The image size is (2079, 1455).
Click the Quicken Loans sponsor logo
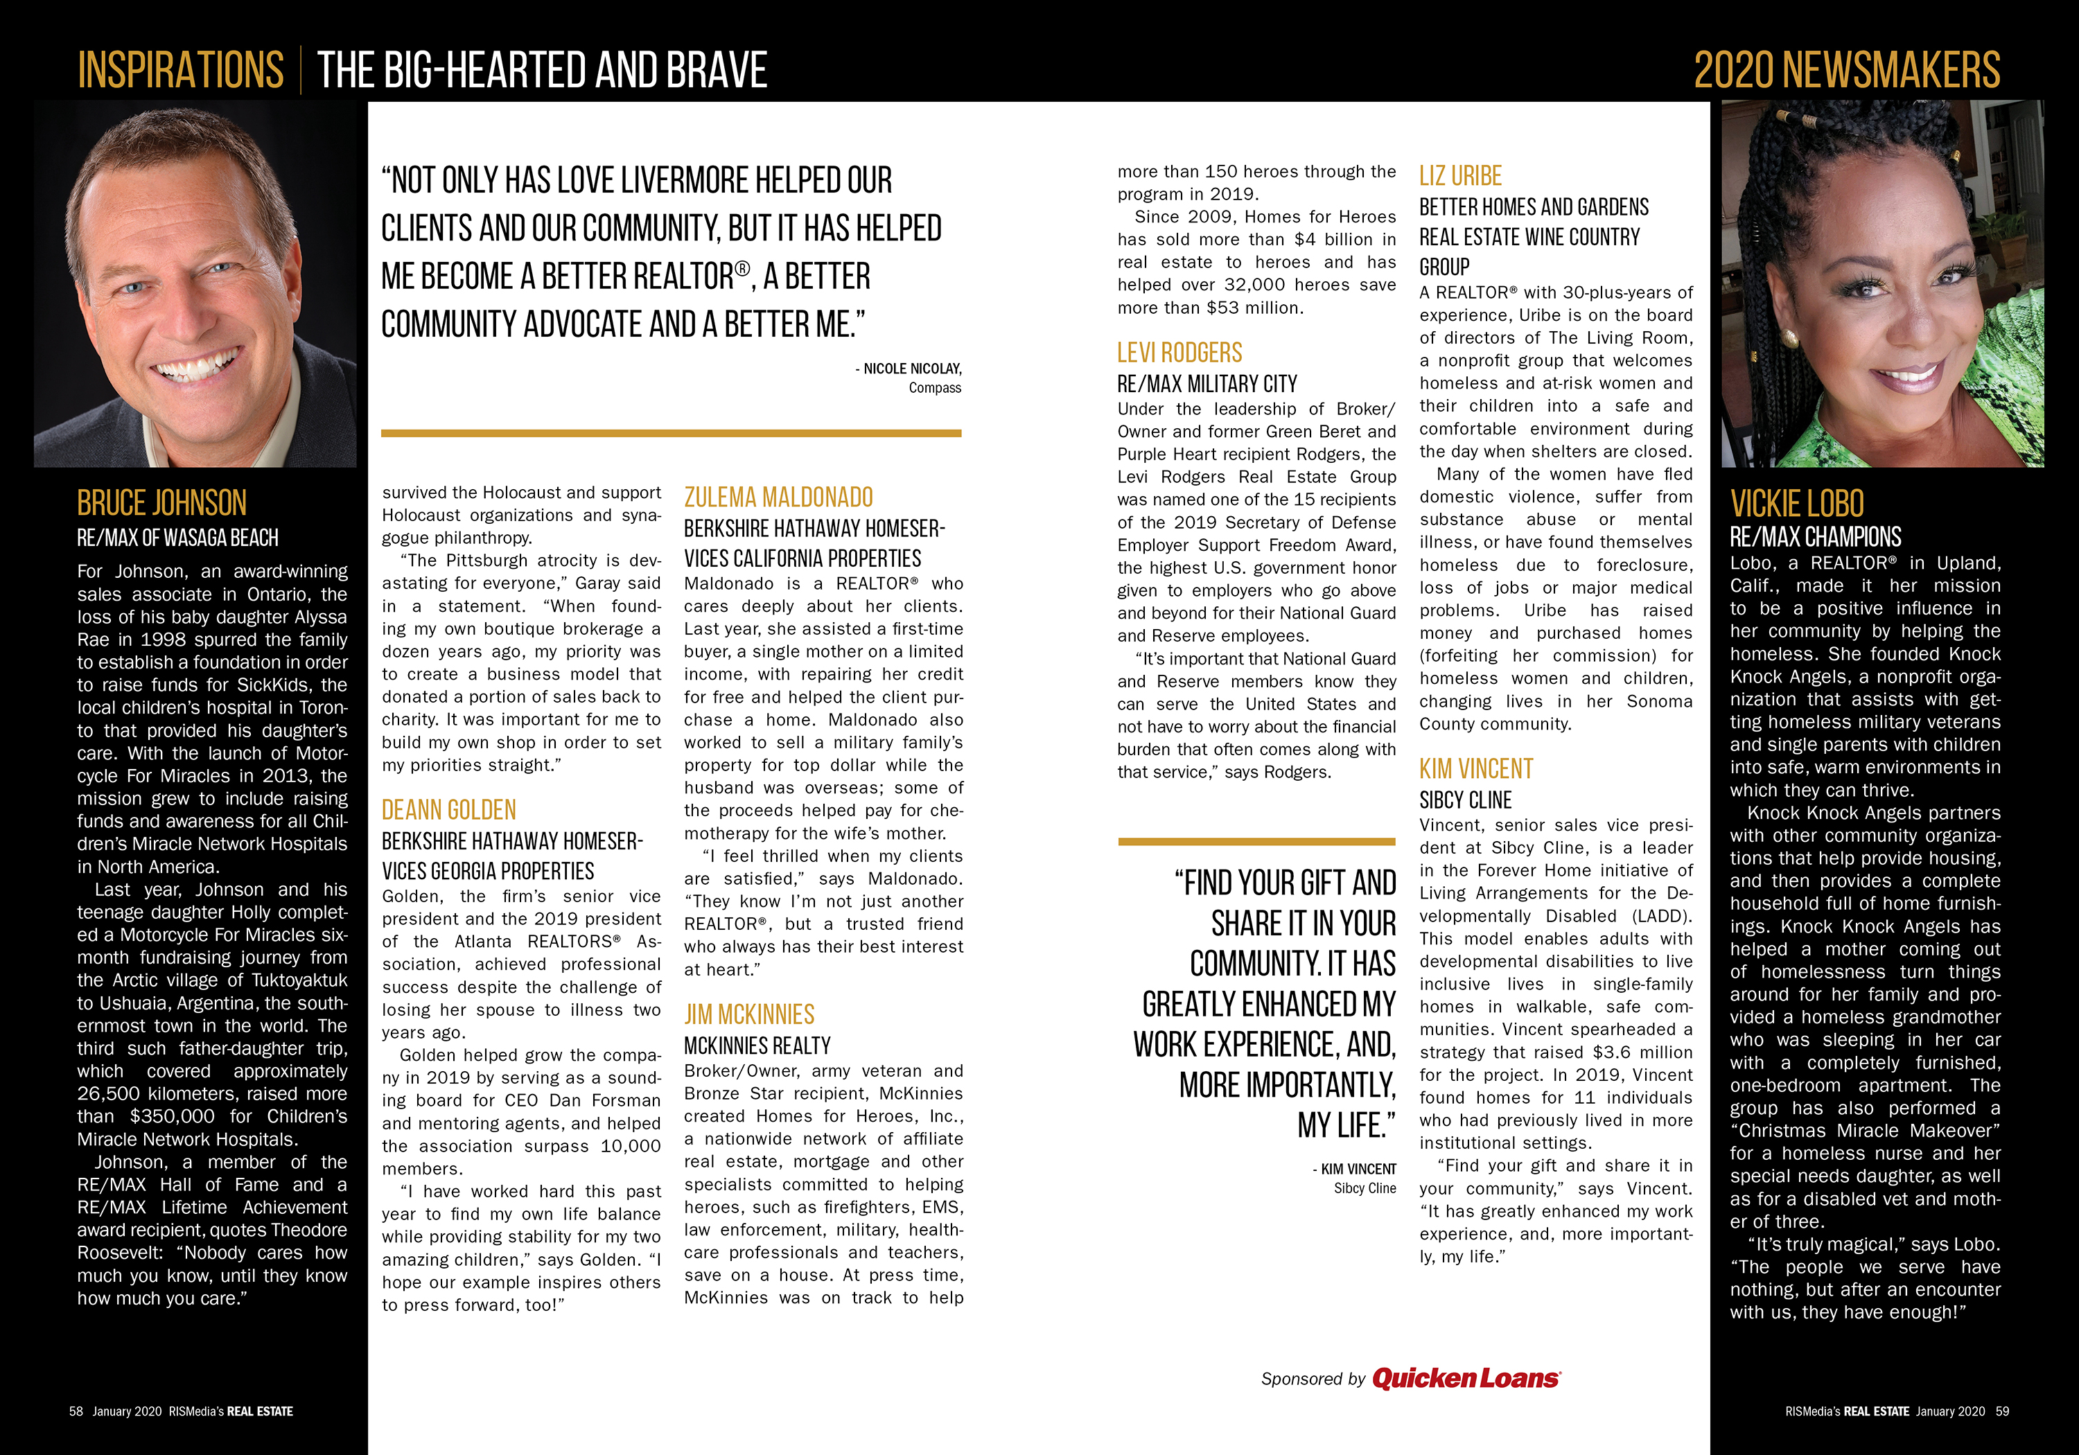coord(1465,1378)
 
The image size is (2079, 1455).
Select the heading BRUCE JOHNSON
coord(161,504)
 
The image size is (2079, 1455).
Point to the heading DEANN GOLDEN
coord(448,809)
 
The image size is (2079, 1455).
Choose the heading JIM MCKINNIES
coord(749,1014)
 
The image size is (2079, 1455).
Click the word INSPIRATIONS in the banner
coord(180,71)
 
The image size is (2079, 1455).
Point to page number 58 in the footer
coord(76,1411)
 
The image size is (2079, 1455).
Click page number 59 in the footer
coord(2002,1411)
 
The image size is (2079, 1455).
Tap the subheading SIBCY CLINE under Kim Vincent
coord(1465,800)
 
